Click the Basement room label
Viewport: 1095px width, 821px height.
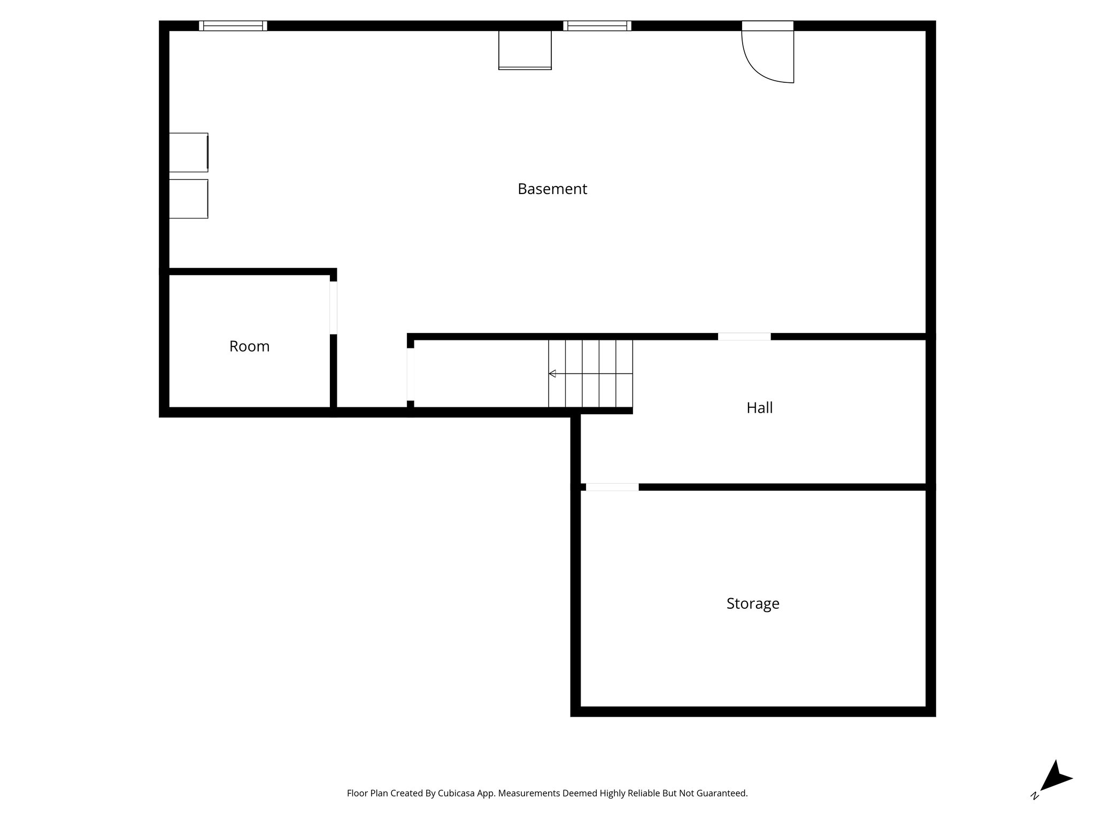pyautogui.click(x=552, y=189)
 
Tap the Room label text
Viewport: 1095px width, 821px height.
pyautogui.click(x=249, y=346)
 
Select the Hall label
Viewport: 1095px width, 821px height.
pyautogui.click(x=759, y=408)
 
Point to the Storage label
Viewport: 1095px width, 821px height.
pyautogui.click(x=752, y=603)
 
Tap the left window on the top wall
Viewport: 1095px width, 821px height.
pyautogui.click(x=233, y=26)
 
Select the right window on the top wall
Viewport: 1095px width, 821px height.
pyautogui.click(x=597, y=26)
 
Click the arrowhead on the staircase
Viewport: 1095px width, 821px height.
pyautogui.click(x=552, y=374)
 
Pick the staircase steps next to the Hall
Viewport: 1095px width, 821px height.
pyautogui.click(x=590, y=374)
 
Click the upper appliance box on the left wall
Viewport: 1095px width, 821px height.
pyautogui.click(x=188, y=152)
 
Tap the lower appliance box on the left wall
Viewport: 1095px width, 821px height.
pyautogui.click(x=188, y=199)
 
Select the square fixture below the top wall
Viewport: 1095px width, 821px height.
pyautogui.click(x=525, y=50)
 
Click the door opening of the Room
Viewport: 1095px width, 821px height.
pyautogui.click(x=333, y=308)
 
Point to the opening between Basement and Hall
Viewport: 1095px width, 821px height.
pyautogui.click(x=744, y=337)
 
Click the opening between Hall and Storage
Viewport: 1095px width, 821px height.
pyautogui.click(x=612, y=487)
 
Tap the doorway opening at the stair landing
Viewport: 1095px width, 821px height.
pyautogui.click(x=411, y=374)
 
